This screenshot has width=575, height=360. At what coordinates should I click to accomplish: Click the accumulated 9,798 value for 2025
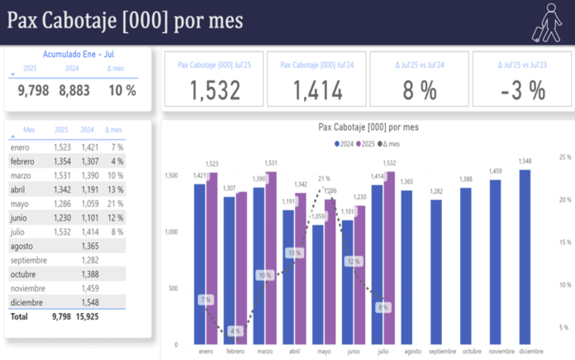click(34, 90)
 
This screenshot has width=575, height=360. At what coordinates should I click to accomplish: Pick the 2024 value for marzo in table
click(88, 176)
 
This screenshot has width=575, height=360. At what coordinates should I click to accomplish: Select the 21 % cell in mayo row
click(115, 203)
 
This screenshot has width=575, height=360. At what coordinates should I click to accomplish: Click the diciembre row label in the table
click(27, 302)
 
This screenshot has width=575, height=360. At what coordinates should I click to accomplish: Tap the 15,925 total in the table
click(88, 316)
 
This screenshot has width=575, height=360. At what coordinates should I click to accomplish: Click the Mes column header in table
click(30, 130)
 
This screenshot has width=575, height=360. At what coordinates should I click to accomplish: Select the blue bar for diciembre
click(525, 256)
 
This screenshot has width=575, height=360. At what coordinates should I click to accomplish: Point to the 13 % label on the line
click(295, 253)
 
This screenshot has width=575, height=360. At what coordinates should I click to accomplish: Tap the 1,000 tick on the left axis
click(170, 232)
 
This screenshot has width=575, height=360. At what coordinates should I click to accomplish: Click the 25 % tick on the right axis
click(565, 156)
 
